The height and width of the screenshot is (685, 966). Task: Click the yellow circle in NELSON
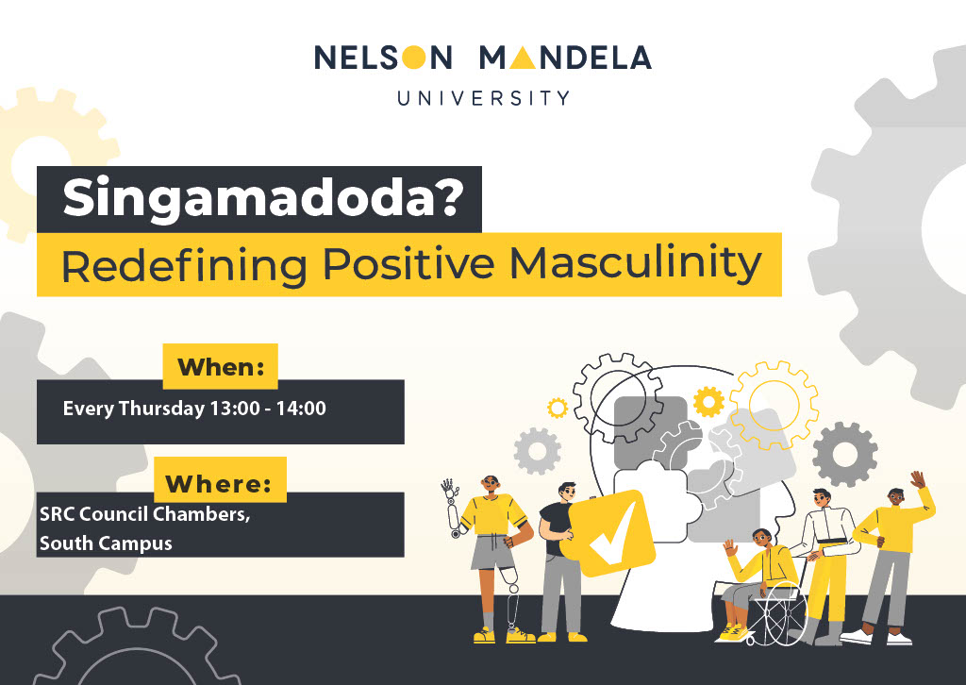click(414, 58)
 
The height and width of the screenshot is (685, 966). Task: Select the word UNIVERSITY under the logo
click(484, 98)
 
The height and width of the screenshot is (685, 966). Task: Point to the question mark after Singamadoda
click(448, 196)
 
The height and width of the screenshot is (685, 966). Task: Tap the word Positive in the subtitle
click(408, 263)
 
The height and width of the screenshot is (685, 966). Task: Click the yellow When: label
click(221, 366)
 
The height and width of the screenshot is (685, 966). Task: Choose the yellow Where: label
click(220, 481)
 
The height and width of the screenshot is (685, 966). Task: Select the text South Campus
click(106, 543)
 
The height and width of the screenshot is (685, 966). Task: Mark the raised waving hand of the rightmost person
click(918, 479)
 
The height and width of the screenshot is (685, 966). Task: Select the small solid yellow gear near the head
click(708, 402)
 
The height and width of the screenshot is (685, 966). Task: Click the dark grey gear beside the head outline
click(844, 454)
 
